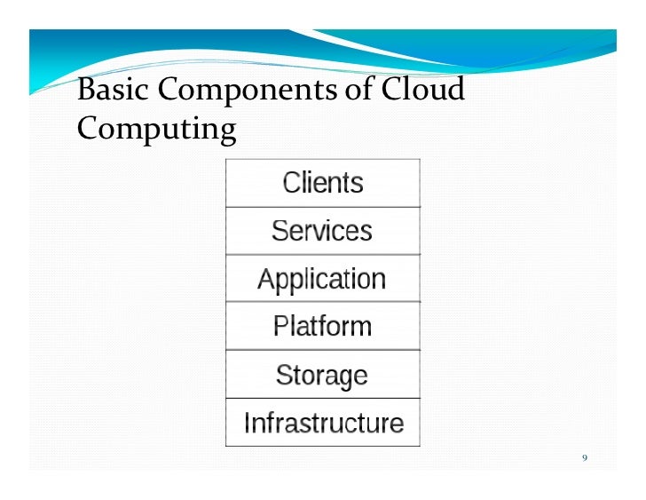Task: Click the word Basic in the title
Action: [x=105, y=91]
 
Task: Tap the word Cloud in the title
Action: [x=424, y=91]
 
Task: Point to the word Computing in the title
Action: [x=156, y=131]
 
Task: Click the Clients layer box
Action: [x=322, y=183]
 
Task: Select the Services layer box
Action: [x=322, y=231]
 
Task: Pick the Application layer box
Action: [x=322, y=279]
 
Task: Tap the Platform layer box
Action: [x=322, y=326]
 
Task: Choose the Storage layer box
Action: [x=322, y=375]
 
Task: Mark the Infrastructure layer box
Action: [x=322, y=423]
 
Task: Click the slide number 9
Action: [x=584, y=458]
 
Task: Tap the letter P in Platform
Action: [x=280, y=326]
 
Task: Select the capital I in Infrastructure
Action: [x=248, y=423]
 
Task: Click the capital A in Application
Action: [x=265, y=279]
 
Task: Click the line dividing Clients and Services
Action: [x=322, y=207]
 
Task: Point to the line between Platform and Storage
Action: [x=322, y=350]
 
